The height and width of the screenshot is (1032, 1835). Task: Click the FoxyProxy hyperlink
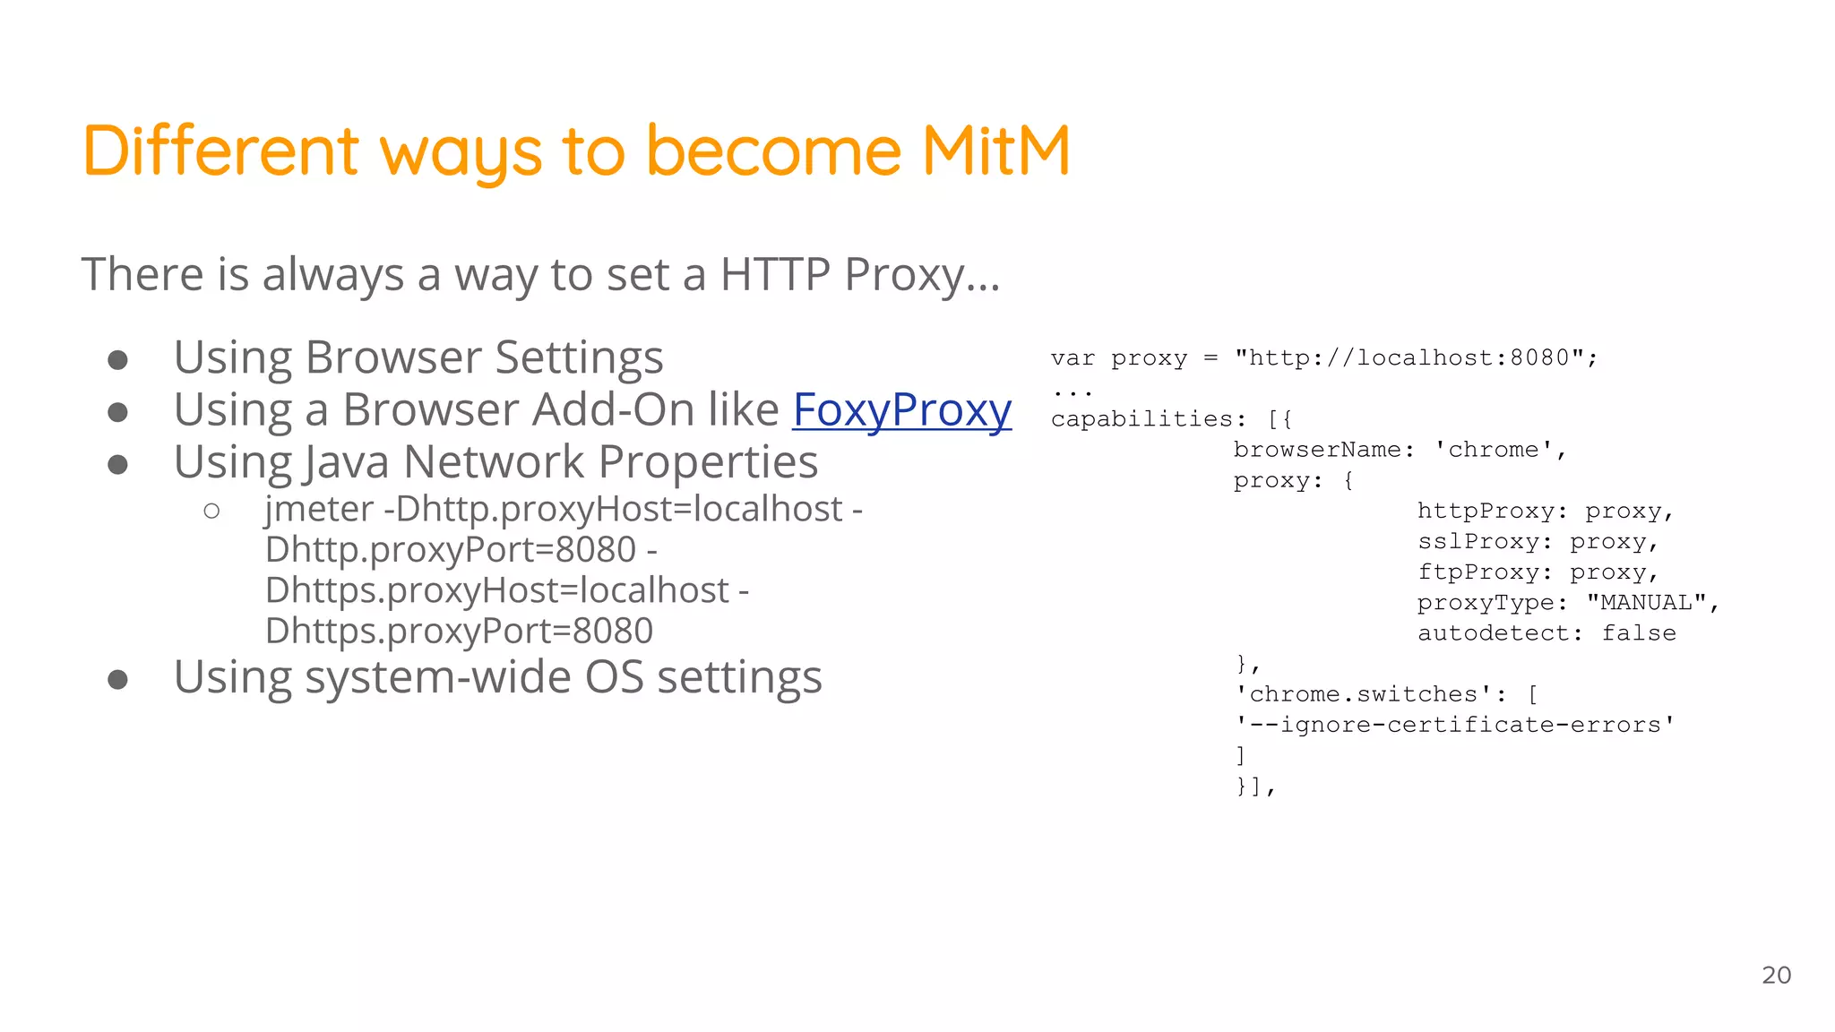tap(901, 410)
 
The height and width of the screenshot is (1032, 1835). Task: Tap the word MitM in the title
tap(995, 150)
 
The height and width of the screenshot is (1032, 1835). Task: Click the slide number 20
tap(1776, 975)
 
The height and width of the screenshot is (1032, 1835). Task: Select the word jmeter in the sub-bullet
tap(319, 509)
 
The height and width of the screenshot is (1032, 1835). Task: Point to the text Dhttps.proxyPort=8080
tap(459, 631)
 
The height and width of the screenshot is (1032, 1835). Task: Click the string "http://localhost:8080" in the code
tap(1409, 358)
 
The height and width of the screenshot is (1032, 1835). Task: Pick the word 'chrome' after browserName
tap(1493, 450)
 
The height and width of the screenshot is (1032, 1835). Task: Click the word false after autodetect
tap(1639, 632)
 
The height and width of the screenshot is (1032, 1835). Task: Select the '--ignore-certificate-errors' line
tap(1454, 725)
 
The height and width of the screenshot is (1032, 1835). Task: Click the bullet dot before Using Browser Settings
tap(117, 360)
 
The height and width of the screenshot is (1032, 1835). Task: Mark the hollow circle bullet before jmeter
tap(211, 511)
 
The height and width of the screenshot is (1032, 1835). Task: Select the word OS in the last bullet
tap(614, 677)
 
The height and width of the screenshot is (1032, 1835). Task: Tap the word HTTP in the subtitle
tap(774, 274)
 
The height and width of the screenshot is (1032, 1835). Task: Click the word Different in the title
tap(221, 150)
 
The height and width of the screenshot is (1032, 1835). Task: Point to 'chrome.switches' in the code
tap(1363, 694)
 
